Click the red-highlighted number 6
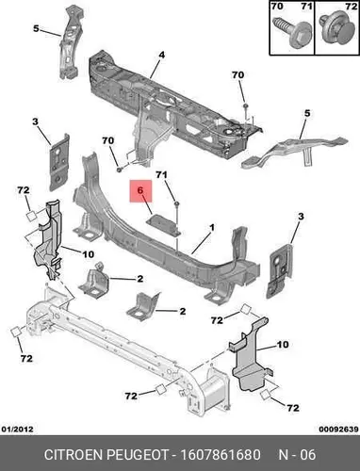click(140, 190)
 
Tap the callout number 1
click(212, 227)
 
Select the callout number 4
click(161, 55)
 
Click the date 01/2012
click(18, 429)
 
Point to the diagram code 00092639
click(338, 429)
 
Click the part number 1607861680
click(220, 455)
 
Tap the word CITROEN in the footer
click(74, 455)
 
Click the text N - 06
click(297, 455)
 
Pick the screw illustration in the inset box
click(291, 34)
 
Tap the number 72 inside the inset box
click(351, 7)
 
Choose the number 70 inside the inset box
click(277, 7)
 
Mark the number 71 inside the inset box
click(306, 7)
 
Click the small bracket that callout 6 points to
click(164, 224)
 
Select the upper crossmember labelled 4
click(172, 104)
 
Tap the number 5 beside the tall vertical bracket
click(36, 29)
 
